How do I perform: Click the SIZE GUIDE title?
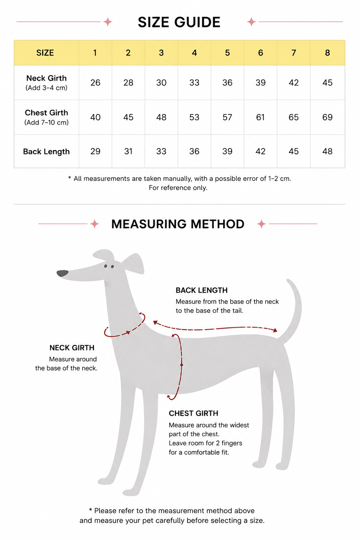[x=179, y=22]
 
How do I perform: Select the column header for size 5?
[x=227, y=53]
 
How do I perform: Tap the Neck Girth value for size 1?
[x=95, y=83]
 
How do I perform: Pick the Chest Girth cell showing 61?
[x=261, y=117]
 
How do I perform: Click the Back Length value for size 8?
[x=327, y=152]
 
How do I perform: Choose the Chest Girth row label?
[x=46, y=117]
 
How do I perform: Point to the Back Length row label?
[x=46, y=152]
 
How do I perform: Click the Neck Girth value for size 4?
[x=194, y=83]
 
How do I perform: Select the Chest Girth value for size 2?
[x=128, y=117]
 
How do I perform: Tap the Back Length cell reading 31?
[x=128, y=152]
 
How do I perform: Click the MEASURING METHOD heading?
[x=178, y=224]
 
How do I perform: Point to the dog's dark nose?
[x=63, y=274]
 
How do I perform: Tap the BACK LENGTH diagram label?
[x=201, y=290]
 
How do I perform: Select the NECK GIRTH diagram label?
[x=72, y=348]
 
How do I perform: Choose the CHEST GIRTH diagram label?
[x=193, y=413]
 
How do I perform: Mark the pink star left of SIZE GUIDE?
[x=108, y=22]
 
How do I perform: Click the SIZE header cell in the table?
[x=45, y=53]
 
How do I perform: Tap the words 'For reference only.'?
[x=178, y=188]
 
